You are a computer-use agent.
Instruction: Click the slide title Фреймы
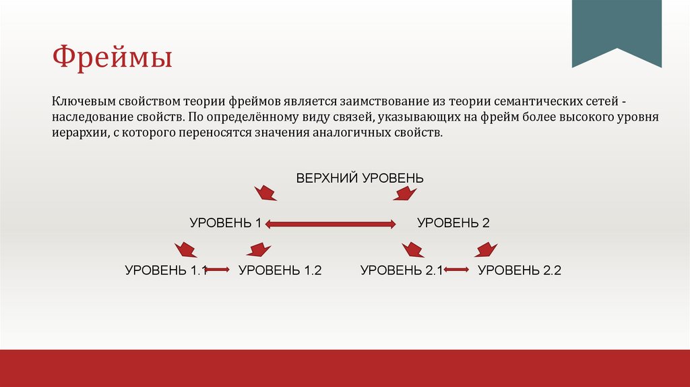point(113,57)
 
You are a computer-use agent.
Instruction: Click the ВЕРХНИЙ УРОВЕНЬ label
point(360,178)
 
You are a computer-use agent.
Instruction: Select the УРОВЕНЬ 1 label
point(225,223)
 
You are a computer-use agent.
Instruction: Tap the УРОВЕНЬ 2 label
point(453,223)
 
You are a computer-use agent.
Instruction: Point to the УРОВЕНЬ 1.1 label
point(164,270)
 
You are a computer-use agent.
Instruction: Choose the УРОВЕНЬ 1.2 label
point(280,270)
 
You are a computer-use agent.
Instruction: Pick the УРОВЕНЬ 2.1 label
point(401,270)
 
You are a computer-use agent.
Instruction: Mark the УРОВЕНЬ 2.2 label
point(520,270)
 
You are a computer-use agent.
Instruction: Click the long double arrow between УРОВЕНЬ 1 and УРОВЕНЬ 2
point(330,224)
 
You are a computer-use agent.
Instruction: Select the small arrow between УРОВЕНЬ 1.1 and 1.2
point(217,270)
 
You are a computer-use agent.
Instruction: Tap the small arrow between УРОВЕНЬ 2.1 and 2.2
point(456,270)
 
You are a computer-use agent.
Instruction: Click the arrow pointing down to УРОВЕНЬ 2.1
point(412,249)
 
